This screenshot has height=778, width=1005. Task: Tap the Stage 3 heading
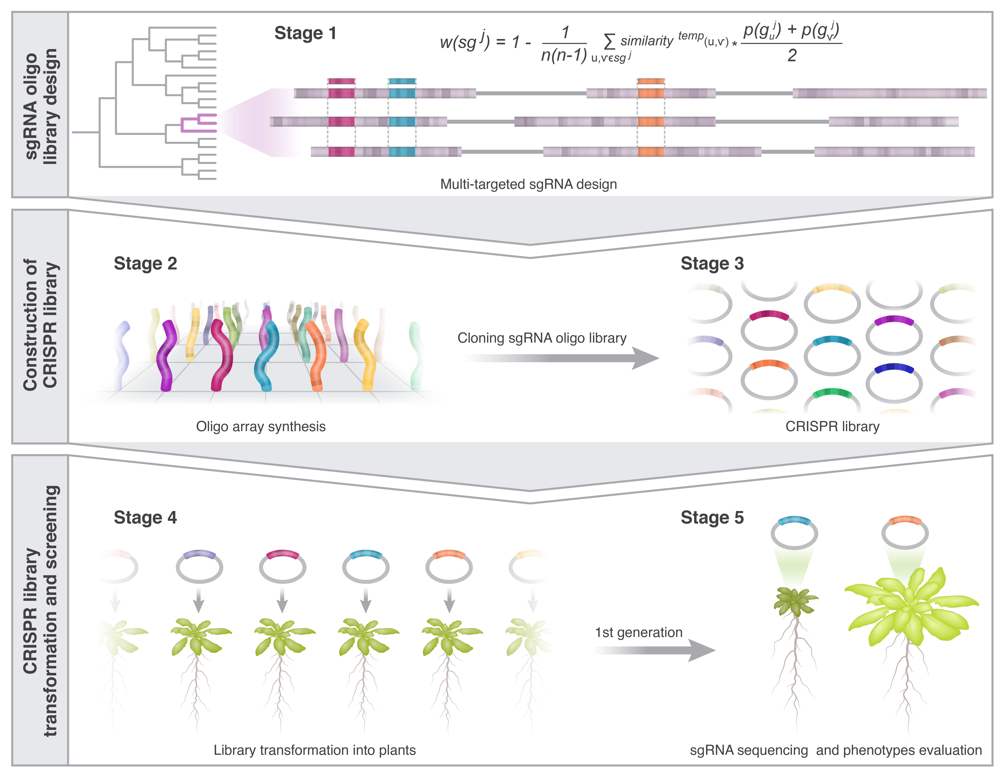click(712, 264)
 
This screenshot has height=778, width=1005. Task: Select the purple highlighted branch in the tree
click(198, 123)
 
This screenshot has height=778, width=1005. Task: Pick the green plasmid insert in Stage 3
click(832, 393)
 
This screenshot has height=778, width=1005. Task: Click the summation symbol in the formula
click(609, 41)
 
